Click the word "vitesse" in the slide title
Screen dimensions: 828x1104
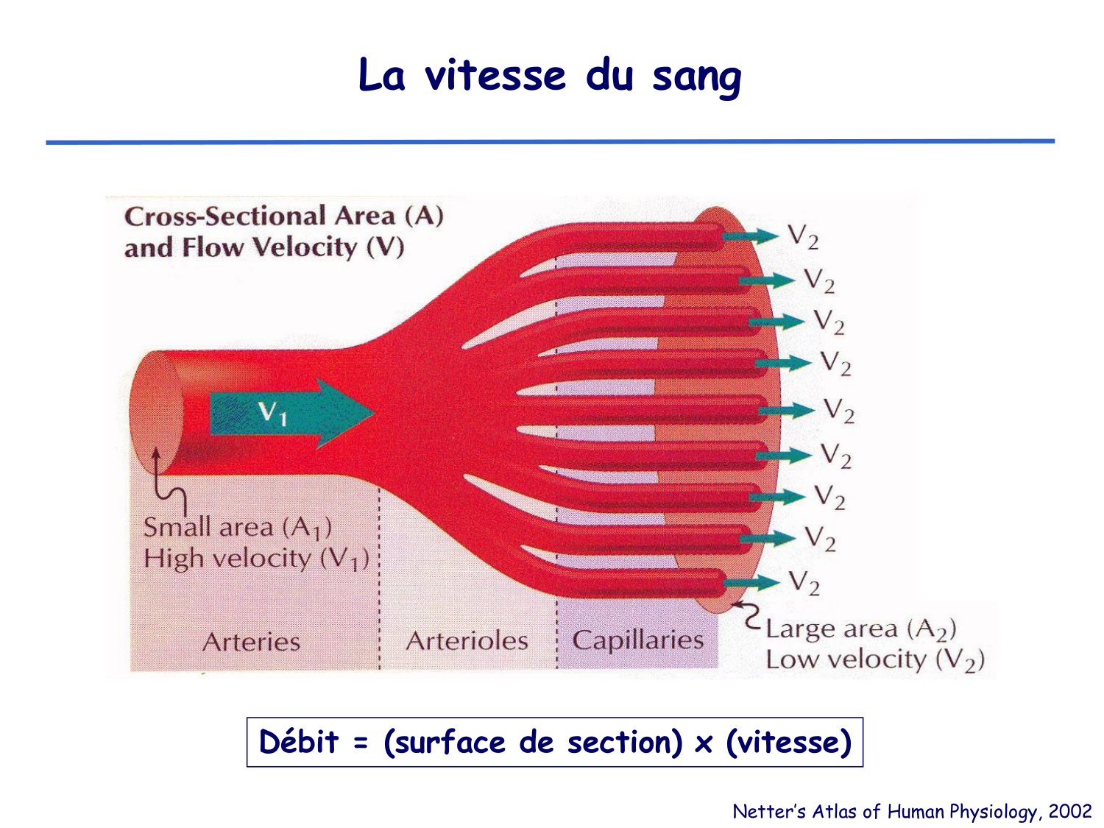pyautogui.click(x=495, y=76)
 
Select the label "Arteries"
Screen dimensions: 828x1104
pyautogui.click(x=251, y=642)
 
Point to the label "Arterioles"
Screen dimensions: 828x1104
pyautogui.click(x=467, y=641)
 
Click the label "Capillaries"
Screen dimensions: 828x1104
pyautogui.click(x=637, y=640)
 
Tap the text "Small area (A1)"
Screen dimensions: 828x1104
pyautogui.click(x=237, y=528)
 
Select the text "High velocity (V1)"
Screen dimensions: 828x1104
pyautogui.click(x=255, y=559)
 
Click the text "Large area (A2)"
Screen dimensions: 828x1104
pyautogui.click(x=860, y=629)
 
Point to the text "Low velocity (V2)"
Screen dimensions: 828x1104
pyautogui.click(x=874, y=660)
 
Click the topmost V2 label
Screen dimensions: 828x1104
pyautogui.click(x=803, y=237)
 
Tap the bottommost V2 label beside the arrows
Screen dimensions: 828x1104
pyautogui.click(x=804, y=583)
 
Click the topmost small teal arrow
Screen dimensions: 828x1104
pyautogui.click(x=750, y=236)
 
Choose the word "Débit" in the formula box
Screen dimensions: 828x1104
pyautogui.click(x=299, y=742)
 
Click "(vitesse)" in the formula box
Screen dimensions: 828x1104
pyautogui.click(x=788, y=742)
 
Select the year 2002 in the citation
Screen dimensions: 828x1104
pyautogui.click(x=1070, y=811)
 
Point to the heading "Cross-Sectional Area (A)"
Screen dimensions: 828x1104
pyautogui.click(x=283, y=216)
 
